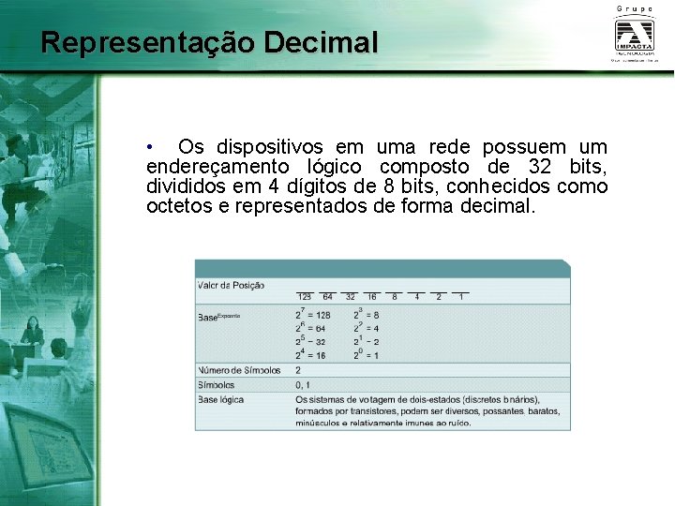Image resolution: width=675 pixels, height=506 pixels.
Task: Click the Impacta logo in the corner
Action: pyautogui.click(x=637, y=37)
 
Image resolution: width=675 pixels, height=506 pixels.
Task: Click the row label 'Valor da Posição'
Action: pyautogui.click(x=231, y=285)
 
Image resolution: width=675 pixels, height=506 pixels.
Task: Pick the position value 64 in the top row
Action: pyautogui.click(x=327, y=297)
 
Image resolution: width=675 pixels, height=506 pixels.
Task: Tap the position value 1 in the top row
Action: pyautogui.click(x=461, y=297)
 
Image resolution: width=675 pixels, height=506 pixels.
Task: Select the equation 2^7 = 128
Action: pyautogui.click(x=313, y=315)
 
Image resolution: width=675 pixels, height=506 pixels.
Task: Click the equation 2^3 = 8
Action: pyautogui.click(x=366, y=315)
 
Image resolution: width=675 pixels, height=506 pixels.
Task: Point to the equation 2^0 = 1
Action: pyautogui.click(x=366, y=355)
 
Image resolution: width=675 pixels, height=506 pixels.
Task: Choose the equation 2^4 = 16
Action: pyautogui.click(x=311, y=355)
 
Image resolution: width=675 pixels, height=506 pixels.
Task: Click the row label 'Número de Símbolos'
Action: pyautogui.click(x=239, y=370)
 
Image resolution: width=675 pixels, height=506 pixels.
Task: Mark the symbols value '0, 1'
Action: pyautogui.click(x=302, y=385)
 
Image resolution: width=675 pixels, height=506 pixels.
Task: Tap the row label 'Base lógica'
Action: pyautogui.click(x=221, y=399)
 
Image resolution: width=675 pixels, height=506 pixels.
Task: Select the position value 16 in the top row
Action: pyautogui.click(x=372, y=297)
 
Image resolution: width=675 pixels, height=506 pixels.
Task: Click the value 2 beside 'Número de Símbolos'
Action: pyautogui.click(x=298, y=370)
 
